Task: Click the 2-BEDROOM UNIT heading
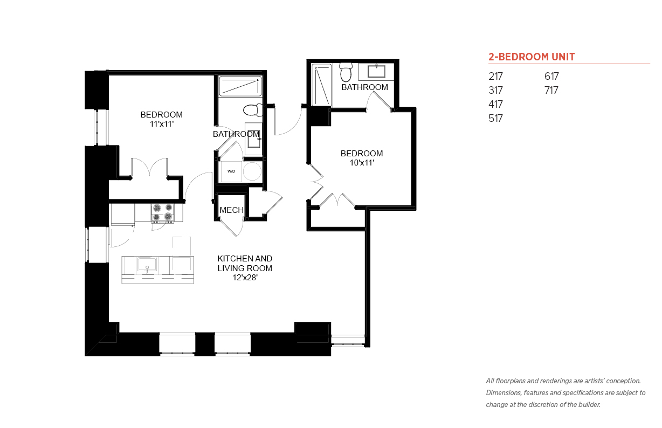[x=532, y=57]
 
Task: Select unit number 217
[x=495, y=76]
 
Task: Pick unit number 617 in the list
[x=551, y=76]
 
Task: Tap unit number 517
[x=495, y=118]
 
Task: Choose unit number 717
[x=551, y=90]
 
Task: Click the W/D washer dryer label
[x=231, y=171]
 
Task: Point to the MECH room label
[x=231, y=210]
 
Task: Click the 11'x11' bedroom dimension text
[x=161, y=124]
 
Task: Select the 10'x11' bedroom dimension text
[x=362, y=163]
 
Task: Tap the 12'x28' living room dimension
[x=245, y=278]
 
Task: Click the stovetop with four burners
[x=163, y=213]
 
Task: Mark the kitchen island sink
[x=147, y=265]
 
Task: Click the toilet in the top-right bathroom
[x=346, y=72]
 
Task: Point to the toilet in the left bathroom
[x=253, y=110]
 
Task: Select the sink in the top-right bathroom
[x=376, y=71]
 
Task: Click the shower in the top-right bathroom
[x=322, y=85]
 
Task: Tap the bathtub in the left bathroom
[x=240, y=86]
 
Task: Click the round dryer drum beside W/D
[x=252, y=171]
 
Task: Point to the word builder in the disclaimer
[x=590, y=404]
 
